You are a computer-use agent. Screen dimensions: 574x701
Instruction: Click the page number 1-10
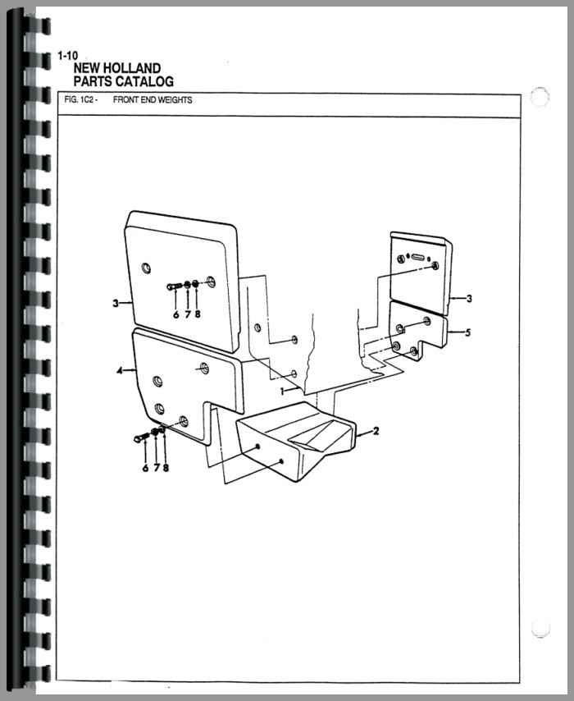(x=67, y=56)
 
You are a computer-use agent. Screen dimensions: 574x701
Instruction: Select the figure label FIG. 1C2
(x=79, y=99)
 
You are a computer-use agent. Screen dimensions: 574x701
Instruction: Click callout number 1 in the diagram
(x=282, y=392)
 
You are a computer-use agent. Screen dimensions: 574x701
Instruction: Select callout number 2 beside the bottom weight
(x=376, y=431)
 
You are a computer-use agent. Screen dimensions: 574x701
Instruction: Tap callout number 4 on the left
(x=120, y=371)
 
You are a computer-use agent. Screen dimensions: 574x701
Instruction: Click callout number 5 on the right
(x=467, y=332)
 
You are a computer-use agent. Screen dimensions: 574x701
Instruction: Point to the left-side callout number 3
(x=116, y=304)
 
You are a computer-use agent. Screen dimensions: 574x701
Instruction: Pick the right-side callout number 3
(x=469, y=298)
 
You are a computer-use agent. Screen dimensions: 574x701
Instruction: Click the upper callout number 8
(x=198, y=314)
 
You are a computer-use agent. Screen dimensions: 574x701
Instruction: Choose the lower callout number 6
(x=145, y=468)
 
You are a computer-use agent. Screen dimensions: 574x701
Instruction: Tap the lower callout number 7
(x=157, y=468)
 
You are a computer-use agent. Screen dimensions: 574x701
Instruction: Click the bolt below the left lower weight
(x=141, y=438)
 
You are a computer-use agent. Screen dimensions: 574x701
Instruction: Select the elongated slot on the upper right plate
(x=418, y=257)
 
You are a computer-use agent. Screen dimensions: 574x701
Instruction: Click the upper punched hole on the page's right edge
(x=540, y=97)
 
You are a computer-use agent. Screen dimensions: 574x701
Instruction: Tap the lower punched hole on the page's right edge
(x=540, y=628)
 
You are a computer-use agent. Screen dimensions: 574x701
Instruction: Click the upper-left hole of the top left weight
(x=146, y=268)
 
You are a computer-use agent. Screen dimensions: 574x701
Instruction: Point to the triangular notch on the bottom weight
(x=307, y=442)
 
